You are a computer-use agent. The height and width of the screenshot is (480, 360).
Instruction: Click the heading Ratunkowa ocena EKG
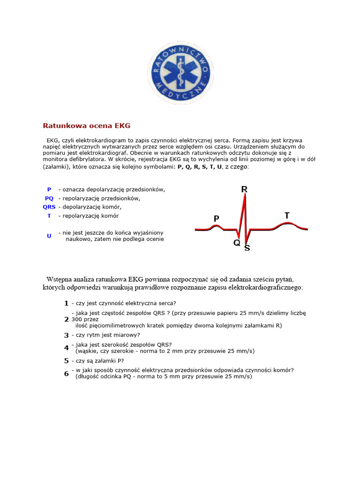pos(87,126)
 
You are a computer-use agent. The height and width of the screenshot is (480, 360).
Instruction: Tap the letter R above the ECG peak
pos(244,189)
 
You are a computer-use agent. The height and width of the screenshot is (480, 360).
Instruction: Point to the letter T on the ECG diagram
pos(287,215)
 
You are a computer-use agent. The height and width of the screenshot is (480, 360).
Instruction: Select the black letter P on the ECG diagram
pos(216,218)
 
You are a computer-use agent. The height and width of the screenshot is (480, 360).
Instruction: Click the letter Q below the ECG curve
pos(237,243)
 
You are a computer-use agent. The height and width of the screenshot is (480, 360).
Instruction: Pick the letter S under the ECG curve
pos(247,248)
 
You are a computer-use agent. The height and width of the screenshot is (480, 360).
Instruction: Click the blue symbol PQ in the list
pos(49,198)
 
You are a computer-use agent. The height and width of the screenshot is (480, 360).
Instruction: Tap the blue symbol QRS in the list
pos(49,207)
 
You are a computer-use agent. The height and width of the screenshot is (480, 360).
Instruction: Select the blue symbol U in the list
pos(49,236)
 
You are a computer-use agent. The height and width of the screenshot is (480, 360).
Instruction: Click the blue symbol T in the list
pos(49,216)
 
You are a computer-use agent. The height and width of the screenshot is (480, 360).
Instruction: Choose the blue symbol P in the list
pos(49,189)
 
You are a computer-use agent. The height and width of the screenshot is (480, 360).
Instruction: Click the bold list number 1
pos(67,303)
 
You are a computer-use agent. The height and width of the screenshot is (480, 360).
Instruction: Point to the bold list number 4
pos(67,348)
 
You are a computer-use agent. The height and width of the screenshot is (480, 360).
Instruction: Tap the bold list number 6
pos(67,373)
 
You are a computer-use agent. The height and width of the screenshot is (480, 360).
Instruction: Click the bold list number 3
pos(67,335)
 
